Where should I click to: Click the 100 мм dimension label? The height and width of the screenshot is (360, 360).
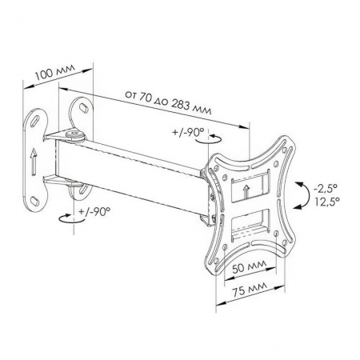point(55,71)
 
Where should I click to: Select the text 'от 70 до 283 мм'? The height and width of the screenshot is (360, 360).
point(168,102)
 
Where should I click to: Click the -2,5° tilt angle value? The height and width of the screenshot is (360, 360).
point(323,189)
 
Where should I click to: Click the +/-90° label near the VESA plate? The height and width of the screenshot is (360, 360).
point(188,132)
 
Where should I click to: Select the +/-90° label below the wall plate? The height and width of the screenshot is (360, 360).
point(94,211)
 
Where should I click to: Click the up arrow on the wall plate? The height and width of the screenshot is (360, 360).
point(33,162)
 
